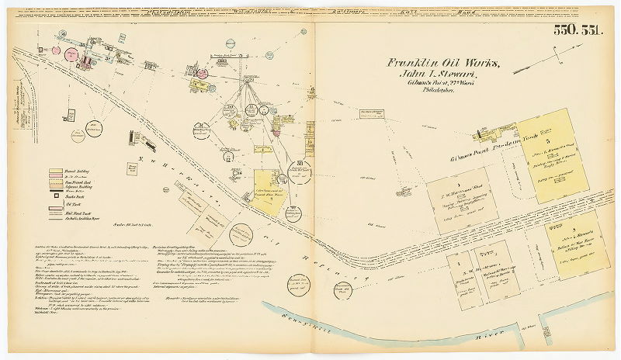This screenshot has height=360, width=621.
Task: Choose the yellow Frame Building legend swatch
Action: (56, 171)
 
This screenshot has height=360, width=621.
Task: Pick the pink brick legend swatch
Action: (56, 178)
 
